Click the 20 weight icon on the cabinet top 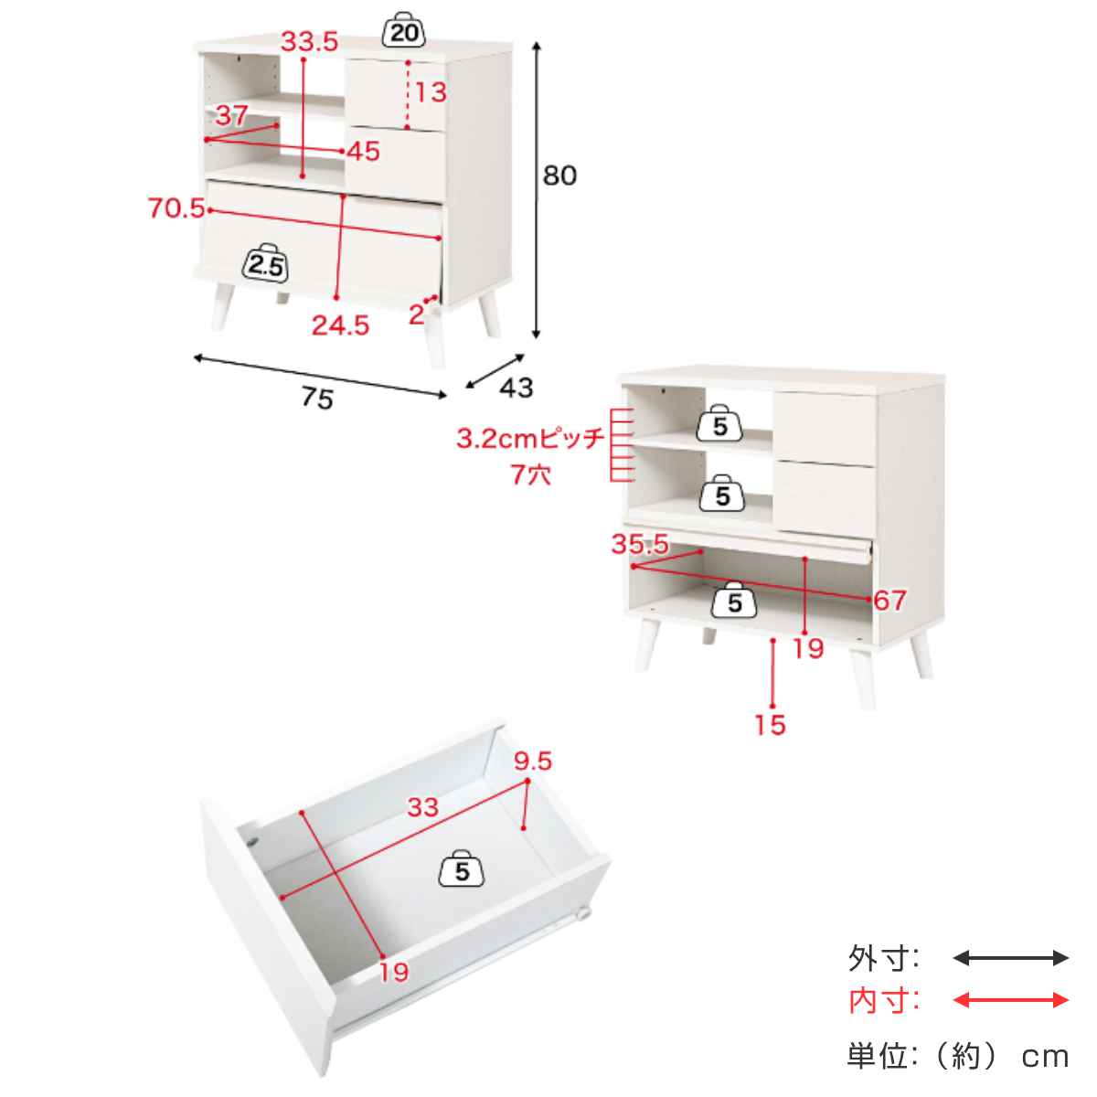tap(404, 29)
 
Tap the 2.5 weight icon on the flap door tap(266, 263)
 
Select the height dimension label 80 tap(559, 176)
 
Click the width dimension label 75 tap(317, 398)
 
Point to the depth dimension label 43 tap(517, 388)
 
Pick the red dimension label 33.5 tap(310, 41)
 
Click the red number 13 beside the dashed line tap(431, 92)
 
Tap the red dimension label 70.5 tap(176, 208)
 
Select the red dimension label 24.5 tap(340, 325)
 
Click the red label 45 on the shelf tap(363, 151)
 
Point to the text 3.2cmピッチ tap(529, 439)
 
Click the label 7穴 tap(530, 474)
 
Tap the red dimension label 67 tap(889, 600)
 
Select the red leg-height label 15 tap(771, 725)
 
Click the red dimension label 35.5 tap(640, 544)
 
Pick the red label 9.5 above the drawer tap(533, 762)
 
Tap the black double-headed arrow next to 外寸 tap(1010, 958)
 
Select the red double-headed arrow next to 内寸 tap(1010, 1000)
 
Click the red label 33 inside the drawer tap(422, 806)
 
